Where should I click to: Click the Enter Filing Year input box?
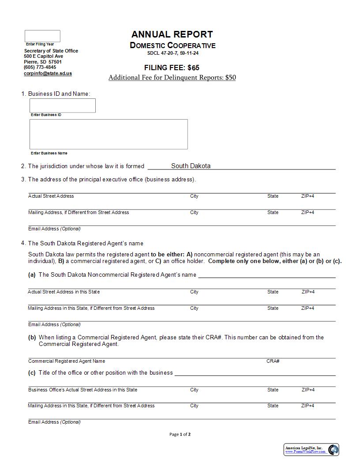tap(42, 36)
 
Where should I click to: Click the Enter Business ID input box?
tap(62, 105)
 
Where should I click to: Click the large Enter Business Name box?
tap(109, 134)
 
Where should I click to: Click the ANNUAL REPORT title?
tap(172, 34)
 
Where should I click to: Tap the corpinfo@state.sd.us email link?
tap(48, 73)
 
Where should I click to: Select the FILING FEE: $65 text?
tap(172, 68)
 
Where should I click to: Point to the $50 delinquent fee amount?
tap(230, 78)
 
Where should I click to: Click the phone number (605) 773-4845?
tap(40, 68)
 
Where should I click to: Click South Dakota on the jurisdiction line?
tap(191, 166)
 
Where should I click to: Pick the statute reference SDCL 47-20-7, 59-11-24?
tap(172, 53)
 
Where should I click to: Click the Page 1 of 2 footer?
tap(180, 434)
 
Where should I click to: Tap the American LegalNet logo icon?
tap(333, 450)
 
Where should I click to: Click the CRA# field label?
tap(273, 361)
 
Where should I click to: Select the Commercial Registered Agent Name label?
tap(67, 361)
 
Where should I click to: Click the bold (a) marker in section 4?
tap(32, 274)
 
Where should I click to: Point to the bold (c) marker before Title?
tap(32, 372)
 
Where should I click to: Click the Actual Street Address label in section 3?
tap(51, 196)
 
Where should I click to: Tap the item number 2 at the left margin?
tap(23, 166)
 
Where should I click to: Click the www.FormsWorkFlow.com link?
tap(305, 452)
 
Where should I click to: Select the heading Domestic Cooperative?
tap(172, 45)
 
